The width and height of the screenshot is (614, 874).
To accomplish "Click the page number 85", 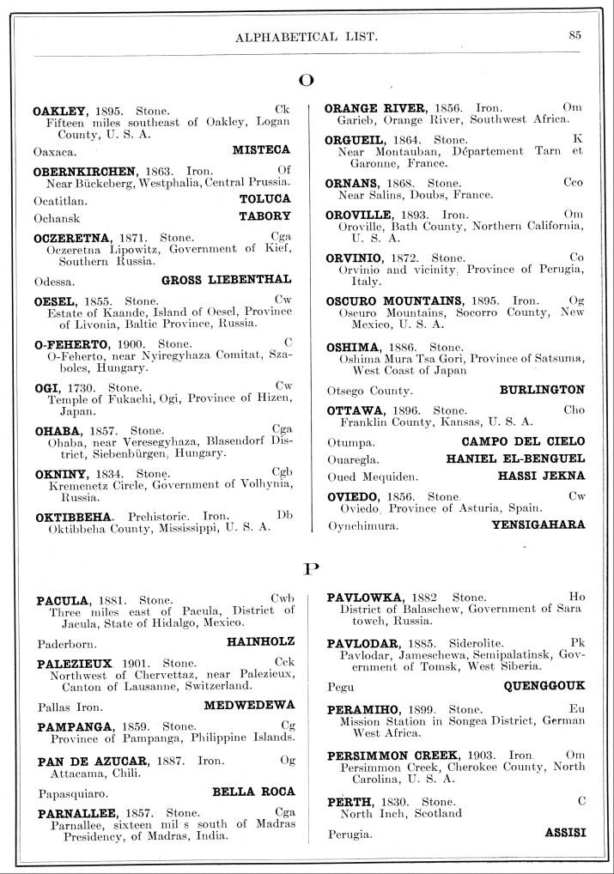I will pos(575,35).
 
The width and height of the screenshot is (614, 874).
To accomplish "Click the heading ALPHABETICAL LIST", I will pos(307,36).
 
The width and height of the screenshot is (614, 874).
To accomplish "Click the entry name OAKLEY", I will pos(62,111).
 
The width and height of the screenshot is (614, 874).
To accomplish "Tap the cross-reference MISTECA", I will pos(261,149).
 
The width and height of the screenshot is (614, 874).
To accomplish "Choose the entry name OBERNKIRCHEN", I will pos(85,171).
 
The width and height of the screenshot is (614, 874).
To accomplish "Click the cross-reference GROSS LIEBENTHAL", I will pos(226,279).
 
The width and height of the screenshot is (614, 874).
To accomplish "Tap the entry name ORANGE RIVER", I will pos(375,107).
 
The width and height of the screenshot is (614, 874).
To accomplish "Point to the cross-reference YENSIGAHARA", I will pos(538,524).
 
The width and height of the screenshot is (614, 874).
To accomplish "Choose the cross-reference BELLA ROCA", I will pos(253,791).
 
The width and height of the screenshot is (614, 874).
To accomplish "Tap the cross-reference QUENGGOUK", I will pos(544,686).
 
